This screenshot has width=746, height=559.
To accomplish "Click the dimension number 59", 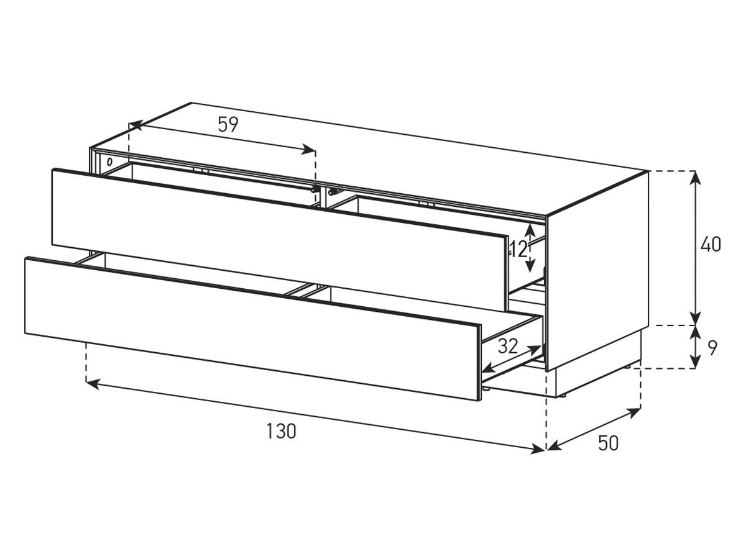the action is click(x=228, y=124).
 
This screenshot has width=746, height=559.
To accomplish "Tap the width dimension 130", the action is click(x=281, y=431).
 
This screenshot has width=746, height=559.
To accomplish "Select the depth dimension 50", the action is click(x=608, y=443).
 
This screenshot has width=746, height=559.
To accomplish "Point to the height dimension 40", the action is click(x=711, y=244).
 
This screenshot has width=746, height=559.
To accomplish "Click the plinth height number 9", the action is click(x=712, y=348).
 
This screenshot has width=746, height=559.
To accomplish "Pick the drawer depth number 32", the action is click(x=508, y=346).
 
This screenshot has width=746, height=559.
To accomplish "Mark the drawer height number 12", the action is click(x=518, y=249).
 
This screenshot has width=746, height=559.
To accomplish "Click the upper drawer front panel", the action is click(x=279, y=239).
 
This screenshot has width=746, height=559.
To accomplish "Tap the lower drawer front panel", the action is click(x=253, y=329).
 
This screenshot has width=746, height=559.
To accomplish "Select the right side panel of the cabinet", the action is click(x=597, y=271).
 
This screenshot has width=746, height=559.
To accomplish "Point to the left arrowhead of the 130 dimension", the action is click(x=93, y=384).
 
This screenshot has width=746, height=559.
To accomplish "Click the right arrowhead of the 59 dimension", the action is click(x=308, y=150).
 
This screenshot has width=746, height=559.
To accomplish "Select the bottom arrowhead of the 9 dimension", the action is click(x=696, y=362).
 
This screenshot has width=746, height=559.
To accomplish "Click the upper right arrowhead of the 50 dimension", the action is click(x=634, y=413).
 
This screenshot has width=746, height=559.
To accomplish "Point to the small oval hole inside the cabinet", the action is click(x=109, y=161).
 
